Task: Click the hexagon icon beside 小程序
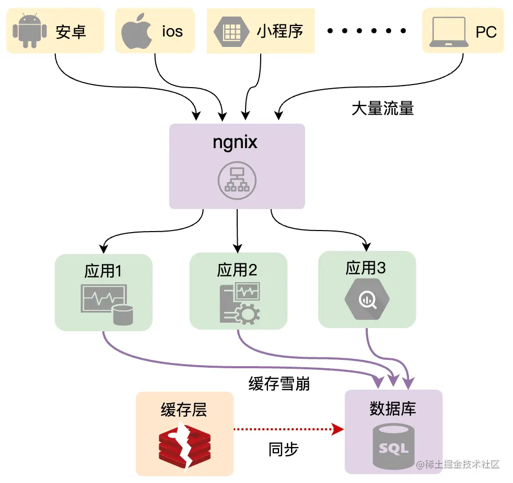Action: point(230,31)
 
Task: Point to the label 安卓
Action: point(71,32)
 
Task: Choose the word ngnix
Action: point(235,142)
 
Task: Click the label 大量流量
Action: point(382,108)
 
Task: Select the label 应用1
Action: point(103,271)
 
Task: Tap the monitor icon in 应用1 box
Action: point(102,299)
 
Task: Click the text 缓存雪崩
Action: point(279,384)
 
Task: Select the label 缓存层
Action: point(184,409)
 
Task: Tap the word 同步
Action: point(284,450)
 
